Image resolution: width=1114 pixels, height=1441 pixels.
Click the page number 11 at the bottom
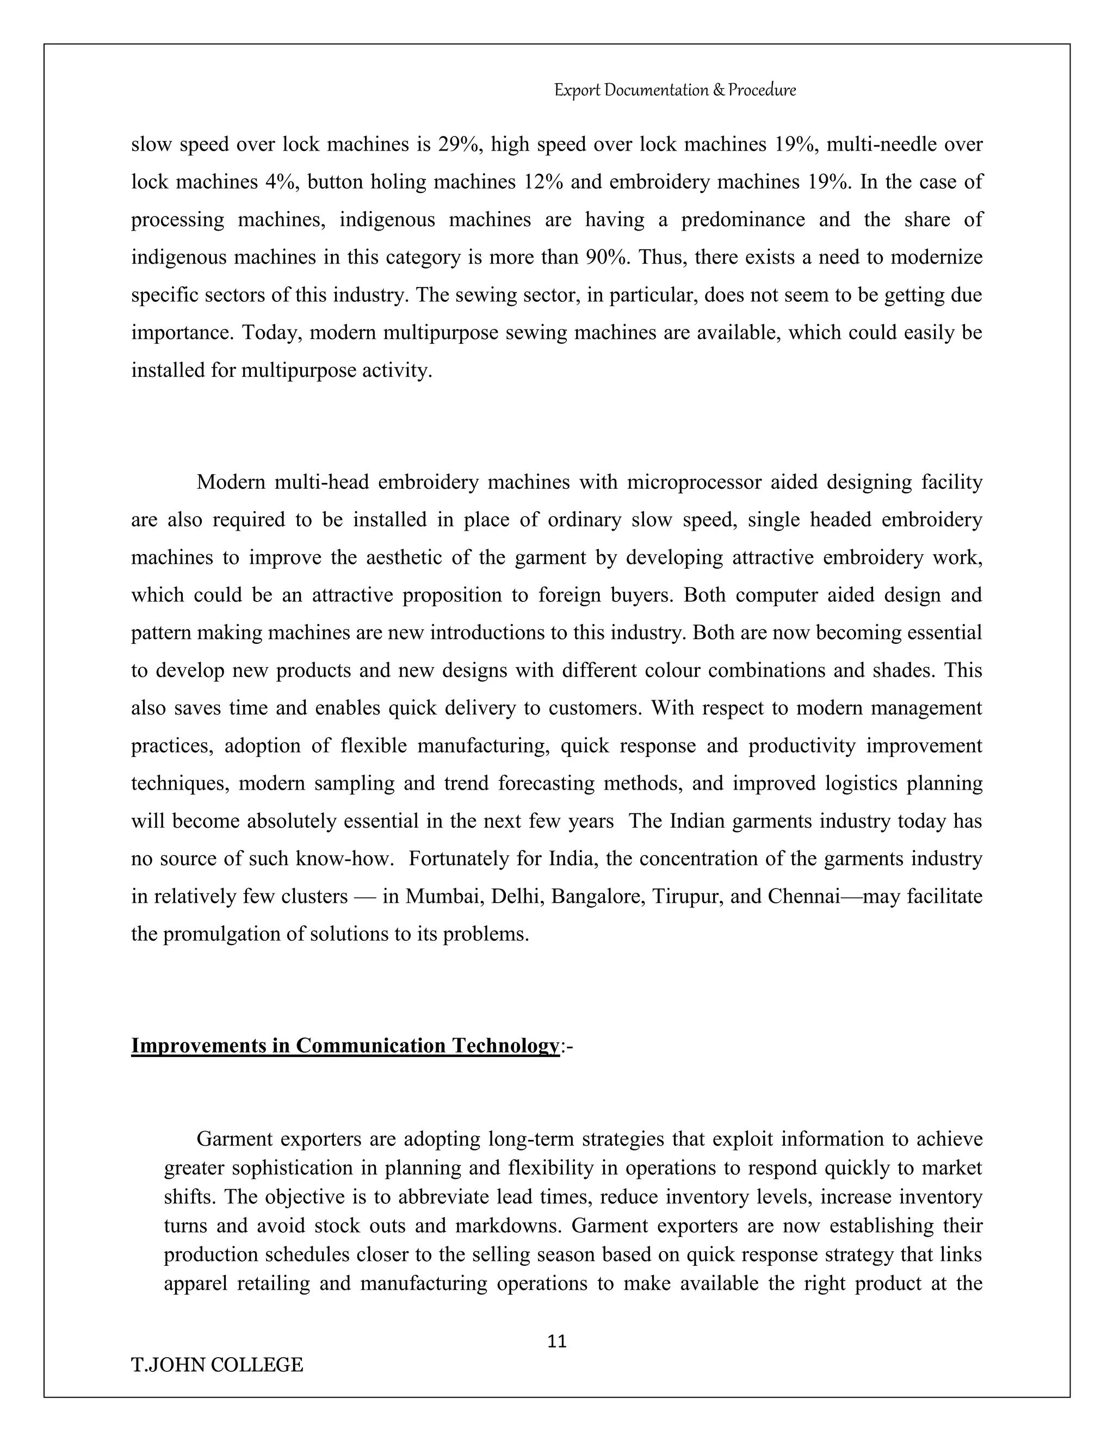click(x=557, y=1341)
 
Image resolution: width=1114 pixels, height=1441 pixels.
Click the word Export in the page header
click(x=577, y=90)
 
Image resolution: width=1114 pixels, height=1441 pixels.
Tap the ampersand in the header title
click(x=719, y=90)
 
